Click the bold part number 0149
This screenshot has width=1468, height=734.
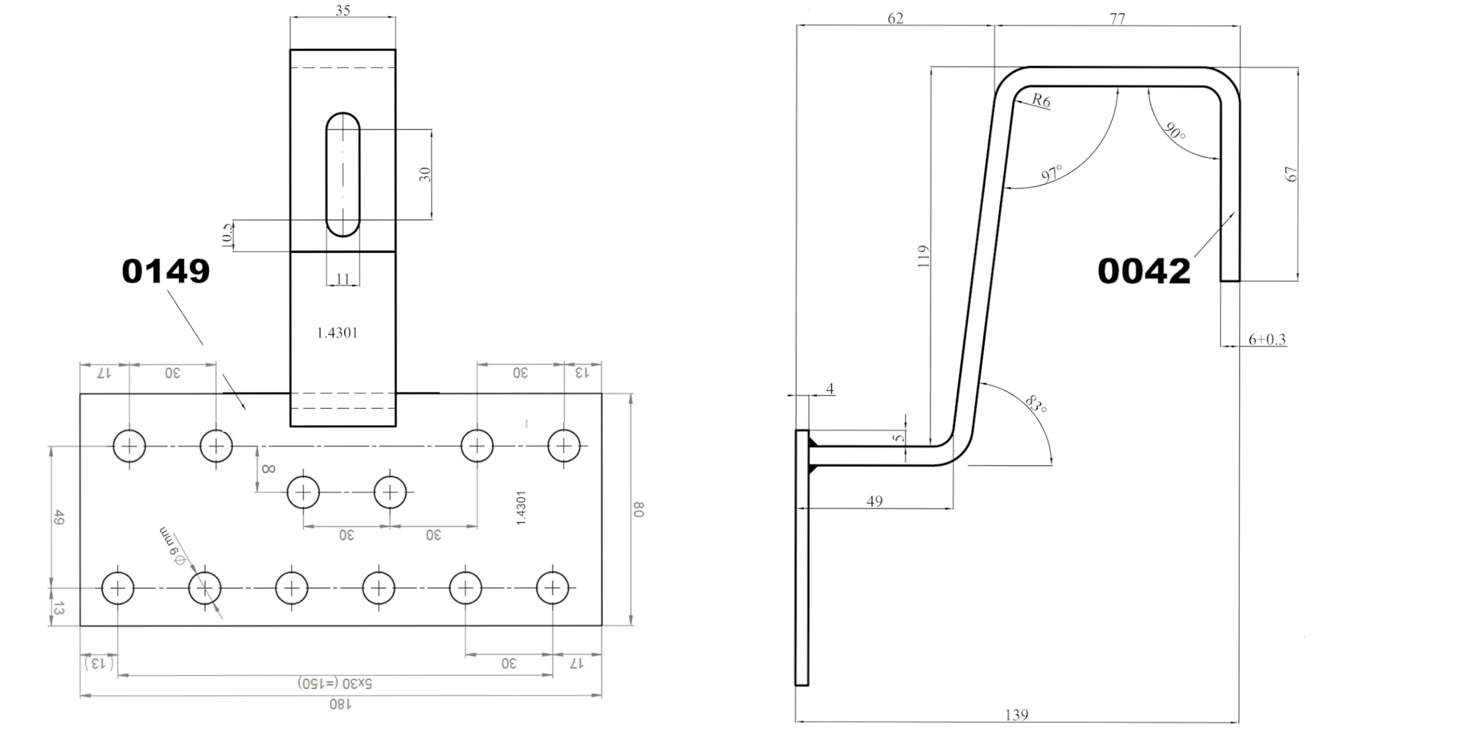click(166, 271)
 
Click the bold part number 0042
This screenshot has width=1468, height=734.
click(1144, 271)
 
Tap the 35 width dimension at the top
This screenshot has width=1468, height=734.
click(343, 10)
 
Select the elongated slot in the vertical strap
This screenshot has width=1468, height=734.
click(343, 174)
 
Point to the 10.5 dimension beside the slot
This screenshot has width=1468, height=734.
click(227, 235)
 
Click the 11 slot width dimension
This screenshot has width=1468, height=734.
click(343, 279)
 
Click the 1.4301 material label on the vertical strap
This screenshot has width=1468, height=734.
click(337, 333)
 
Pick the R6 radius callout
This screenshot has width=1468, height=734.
click(1041, 100)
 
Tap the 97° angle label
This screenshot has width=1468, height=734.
click(1052, 173)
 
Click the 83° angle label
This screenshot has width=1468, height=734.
click(1036, 404)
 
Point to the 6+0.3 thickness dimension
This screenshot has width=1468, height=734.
click(1267, 339)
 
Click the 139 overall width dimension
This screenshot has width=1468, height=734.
click(1017, 714)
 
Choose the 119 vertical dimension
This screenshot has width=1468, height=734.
click(924, 256)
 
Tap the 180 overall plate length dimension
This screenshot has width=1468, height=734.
click(341, 704)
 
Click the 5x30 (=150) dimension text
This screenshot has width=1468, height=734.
click(335, 683)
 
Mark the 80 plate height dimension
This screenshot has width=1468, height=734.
click(639, 510)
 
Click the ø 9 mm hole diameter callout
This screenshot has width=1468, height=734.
click(172, 547)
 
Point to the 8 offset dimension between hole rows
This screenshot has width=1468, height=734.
click(268, 469)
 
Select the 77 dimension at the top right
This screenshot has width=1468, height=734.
click(1118, 18)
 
